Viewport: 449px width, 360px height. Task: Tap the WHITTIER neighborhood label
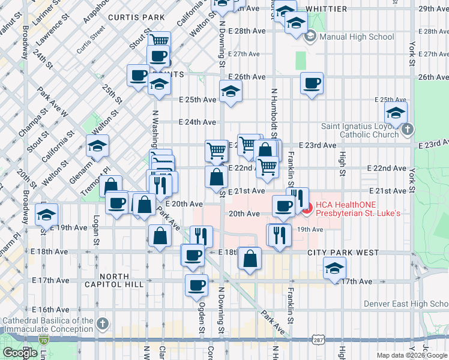click(x=326, y=9)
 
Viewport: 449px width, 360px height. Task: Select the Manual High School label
click(x=357, y=37)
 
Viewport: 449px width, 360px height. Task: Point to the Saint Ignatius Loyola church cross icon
click(x=407, y=130)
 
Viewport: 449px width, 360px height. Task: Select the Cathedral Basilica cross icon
click(x=103, y=325)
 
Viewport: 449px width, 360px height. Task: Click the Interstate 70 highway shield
click(x=44, y=340)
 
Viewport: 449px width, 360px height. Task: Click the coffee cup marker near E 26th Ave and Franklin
click(x=312, y=83)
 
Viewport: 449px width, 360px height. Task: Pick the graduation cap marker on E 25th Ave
click(x=229, y=91)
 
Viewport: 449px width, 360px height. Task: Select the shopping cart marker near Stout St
click(x=158, y=40)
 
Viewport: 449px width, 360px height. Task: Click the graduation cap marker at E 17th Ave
click(x=334, y=268)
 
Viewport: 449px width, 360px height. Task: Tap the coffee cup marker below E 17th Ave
click(x=196, y=284)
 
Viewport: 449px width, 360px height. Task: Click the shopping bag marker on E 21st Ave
click(x=216, y=176)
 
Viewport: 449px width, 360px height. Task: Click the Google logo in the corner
click(x=20, y=353)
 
